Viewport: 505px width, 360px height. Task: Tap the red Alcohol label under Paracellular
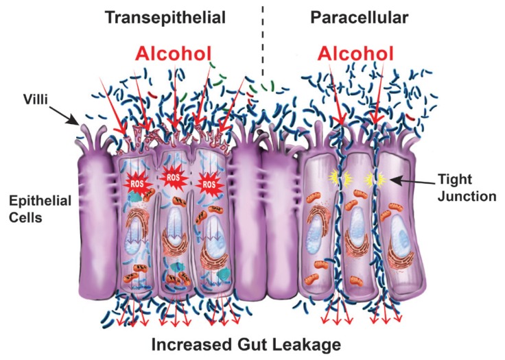coord(356,53)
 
